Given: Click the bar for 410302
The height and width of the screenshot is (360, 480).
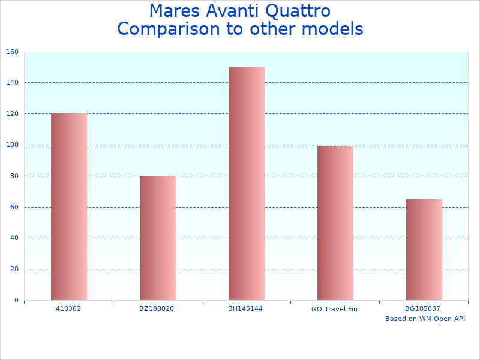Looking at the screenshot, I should (69, 206).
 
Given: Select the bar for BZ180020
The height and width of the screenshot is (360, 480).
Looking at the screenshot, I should (158, 238).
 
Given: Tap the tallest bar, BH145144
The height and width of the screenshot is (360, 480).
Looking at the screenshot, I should (247, 183).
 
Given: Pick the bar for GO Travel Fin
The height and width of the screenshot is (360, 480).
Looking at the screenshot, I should (335, 223).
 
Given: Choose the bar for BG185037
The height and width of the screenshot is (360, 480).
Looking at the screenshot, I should (424, 249).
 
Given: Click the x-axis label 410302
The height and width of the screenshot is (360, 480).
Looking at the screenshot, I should (68, 308).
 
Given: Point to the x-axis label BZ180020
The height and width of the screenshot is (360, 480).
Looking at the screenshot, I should (157, 308).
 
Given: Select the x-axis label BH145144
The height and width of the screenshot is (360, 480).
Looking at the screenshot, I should (245, 308).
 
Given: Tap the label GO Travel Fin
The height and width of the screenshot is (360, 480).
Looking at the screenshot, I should (334, 309).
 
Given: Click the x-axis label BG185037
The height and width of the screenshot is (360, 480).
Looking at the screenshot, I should (423, 308).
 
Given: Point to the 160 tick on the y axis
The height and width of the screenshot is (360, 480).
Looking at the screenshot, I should (13, 52).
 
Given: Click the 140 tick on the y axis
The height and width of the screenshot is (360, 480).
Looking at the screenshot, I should (13, 83).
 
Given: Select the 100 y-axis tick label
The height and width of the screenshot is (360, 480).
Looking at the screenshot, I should (13, 145).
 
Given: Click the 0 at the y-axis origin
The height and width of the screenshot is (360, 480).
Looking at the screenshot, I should (16, 300).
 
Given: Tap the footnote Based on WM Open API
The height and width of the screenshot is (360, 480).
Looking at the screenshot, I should (425, 319).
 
